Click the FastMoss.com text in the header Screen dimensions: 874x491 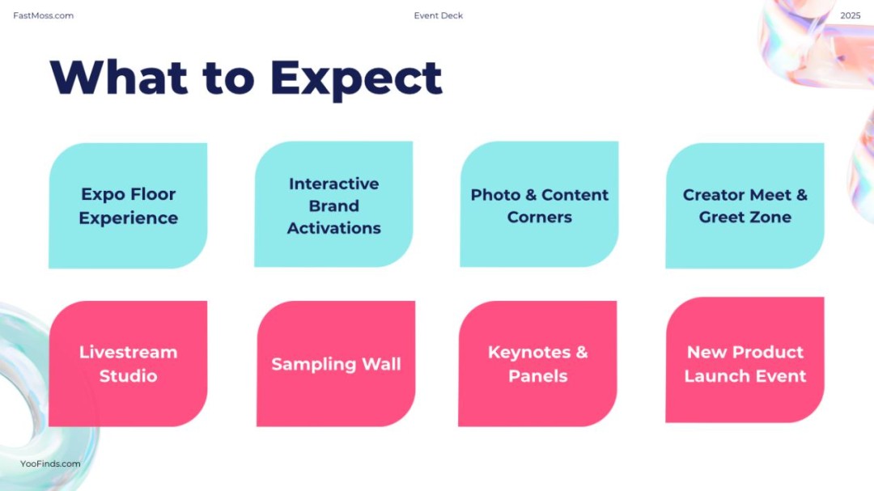click(x=44, y=15)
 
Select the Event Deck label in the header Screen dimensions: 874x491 click(x=438, y=15)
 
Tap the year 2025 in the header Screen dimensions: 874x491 click(x=850, y=15)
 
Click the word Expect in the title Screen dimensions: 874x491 click(x=356, y=79)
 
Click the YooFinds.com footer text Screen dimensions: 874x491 click(x=50, y=463)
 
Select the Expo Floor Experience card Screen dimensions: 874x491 click(x=128, y=205)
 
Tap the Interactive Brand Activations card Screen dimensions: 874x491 click(x=334, y=204)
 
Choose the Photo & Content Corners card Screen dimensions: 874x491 click(x=539, y=204)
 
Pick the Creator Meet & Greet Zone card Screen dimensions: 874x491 click(x=745, y=205)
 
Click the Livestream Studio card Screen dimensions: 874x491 click(x=128, y=364)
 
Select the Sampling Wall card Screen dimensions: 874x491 click(x=336, y=364)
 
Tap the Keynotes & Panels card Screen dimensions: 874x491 click(x=537, y=364)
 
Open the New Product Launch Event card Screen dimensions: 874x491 click(x=745, y=360)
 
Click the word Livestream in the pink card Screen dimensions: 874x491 click(x=128, y=352)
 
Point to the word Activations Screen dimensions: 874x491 click(x=334, y=228)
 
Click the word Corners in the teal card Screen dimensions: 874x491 click(x=540, y=217)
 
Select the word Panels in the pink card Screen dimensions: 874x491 click(x=538, y=376)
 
